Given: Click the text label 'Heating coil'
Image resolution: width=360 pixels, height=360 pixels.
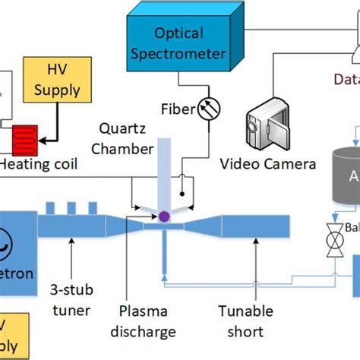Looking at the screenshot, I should (x=35, y=164).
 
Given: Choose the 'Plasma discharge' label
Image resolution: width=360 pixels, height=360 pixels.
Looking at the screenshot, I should (x=149, y=321).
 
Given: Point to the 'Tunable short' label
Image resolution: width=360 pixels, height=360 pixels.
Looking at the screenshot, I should (x=240, y=321).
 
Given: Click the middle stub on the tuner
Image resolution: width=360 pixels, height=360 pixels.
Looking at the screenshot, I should (x=74, y=207).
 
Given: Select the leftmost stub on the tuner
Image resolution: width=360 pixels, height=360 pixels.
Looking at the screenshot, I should (x=52, y=207).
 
